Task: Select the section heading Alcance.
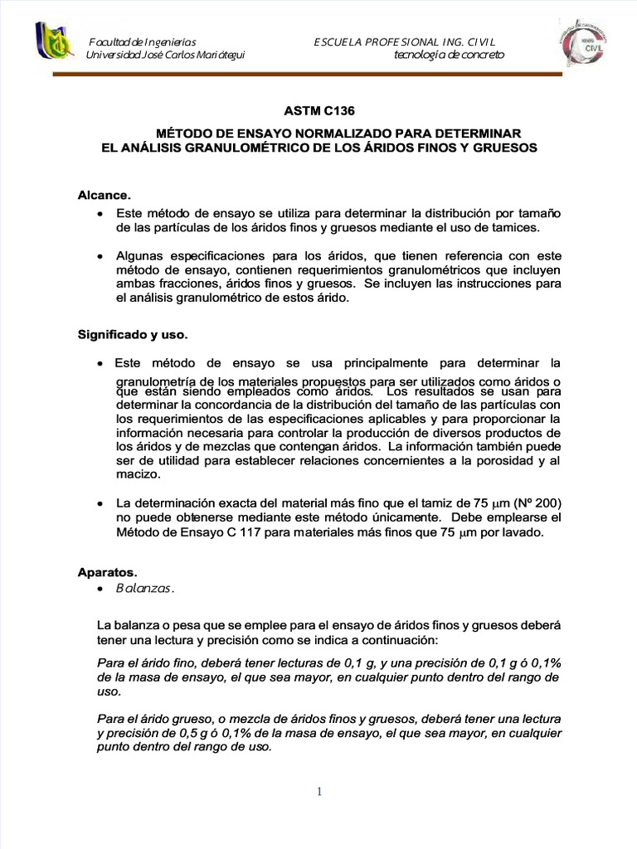point(104,195)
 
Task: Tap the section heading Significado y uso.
point(133,335)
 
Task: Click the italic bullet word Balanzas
point(144,588)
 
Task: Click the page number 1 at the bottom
point(318,792)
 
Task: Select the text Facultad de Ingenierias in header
point(142,41)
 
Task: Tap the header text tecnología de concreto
point(449,55)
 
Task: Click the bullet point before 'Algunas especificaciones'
point(100,256)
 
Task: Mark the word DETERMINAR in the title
point(479,133)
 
